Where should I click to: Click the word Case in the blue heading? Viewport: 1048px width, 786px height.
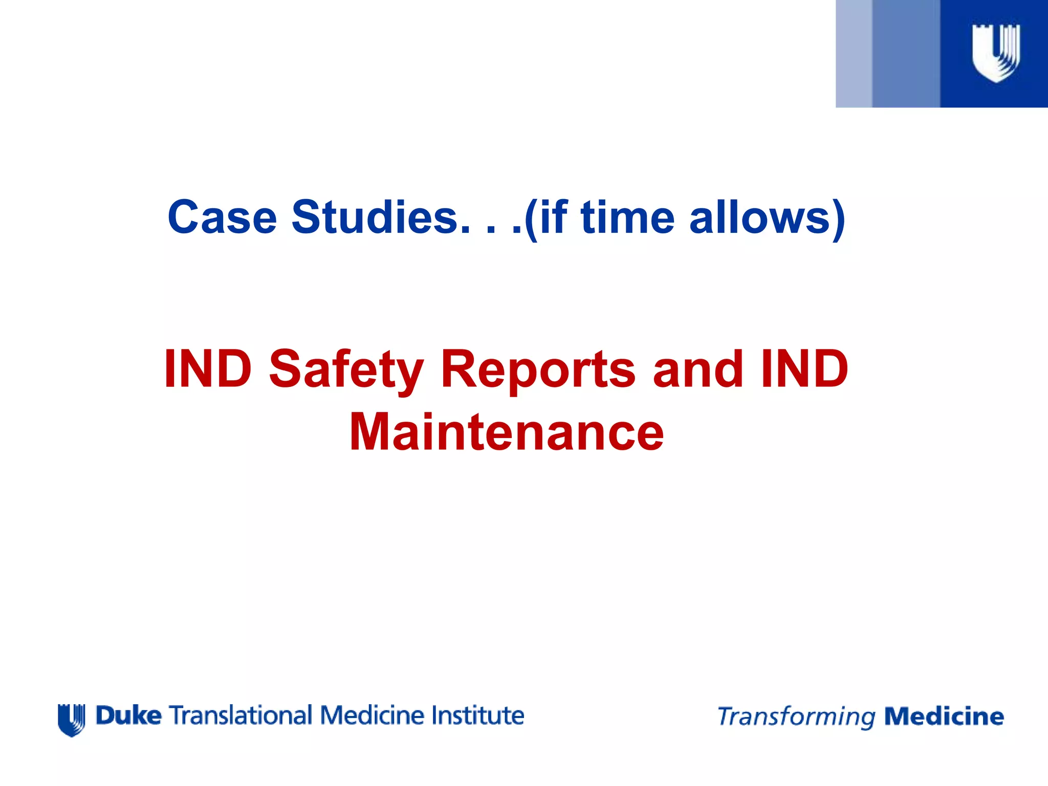point(222,217)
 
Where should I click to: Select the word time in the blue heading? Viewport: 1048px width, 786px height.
point(627,217)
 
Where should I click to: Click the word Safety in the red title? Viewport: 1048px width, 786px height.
point(346,369)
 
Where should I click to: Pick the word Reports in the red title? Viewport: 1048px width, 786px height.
point(538,369)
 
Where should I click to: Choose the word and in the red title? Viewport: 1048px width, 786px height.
point(698,369)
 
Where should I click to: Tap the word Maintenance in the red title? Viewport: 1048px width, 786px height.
point(507,433)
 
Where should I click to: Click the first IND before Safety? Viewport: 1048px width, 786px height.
point(208,369)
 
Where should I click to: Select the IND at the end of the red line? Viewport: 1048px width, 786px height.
point(804,369)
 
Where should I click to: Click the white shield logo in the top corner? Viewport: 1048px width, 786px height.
point(996,53)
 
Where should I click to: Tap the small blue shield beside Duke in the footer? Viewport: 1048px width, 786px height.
point(72,719)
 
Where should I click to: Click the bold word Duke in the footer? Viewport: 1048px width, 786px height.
point(129,715)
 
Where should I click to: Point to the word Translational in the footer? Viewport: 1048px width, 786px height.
point(241,715)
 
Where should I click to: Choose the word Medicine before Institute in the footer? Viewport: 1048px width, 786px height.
point(373,715)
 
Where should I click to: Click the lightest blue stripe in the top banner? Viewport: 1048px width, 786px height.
point(854,54)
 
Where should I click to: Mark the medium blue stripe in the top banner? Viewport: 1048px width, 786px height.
point(906,54)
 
